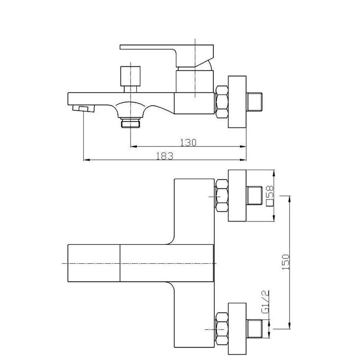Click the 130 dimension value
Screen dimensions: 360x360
[x=188, y=142]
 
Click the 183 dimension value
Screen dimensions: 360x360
[x=165, y=156]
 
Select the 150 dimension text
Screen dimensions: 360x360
[x=286, y=262]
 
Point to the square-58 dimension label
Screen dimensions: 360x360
[x=270, y=196]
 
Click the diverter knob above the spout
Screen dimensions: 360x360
[x=130, y=79]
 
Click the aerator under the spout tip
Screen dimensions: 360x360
[x=83, y=108]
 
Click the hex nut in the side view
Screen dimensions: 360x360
[x=222, y=102]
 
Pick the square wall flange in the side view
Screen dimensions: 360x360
[x=237, y=102]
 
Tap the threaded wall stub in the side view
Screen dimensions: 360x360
[x=254, y=102]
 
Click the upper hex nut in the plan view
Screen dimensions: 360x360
[x=222, y=196]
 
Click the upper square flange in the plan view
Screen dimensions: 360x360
[x=237, y=196]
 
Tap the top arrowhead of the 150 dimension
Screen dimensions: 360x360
[x=290, y=199]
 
